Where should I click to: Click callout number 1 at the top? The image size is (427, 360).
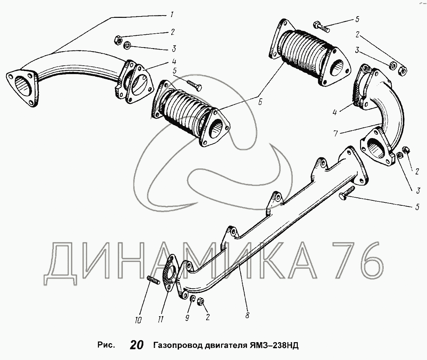pyautogui.click(x=172, y=15)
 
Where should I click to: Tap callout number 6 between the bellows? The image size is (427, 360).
pyautogui.click(x=260, y=102)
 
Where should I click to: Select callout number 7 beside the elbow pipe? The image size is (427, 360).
pyautogui.click(x=335, y=133)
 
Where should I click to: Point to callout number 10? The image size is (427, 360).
pyautogui.click(x=138, y=320)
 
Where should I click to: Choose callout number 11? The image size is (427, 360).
pyautogui.click(x=161, y=319)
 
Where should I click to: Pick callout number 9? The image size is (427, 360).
pyautogui.click(x=187, y=318)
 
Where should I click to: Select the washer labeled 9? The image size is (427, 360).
pyautogui.click(x=192, y=299)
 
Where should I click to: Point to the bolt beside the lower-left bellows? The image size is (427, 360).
pyautogui.click(x=194, y=85)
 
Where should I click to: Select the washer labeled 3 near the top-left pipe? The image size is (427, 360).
pyautogui.click(x=127, y=45)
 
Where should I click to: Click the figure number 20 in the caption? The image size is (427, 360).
pyautogui.click(x=136, y=345)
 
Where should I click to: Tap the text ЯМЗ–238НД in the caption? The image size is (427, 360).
pyautogui.click(x=274, y=345)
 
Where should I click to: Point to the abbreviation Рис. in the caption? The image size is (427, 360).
pyautogui.click(x=106, y=345)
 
